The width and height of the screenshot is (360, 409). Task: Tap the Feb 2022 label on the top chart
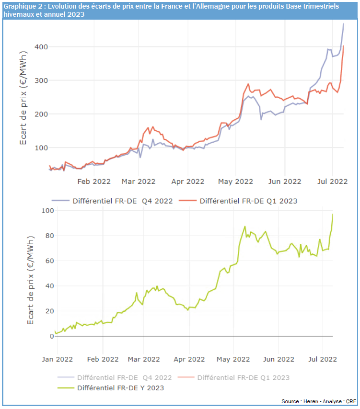(94, 182)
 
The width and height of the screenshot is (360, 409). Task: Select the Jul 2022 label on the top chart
(332, 182)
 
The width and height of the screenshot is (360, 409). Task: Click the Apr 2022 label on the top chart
(188, 182)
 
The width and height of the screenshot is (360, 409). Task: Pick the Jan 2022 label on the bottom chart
(57, 359)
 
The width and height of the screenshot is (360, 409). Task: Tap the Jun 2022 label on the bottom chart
(279, 359)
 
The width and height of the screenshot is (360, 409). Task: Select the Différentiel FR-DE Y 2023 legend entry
(120, 388)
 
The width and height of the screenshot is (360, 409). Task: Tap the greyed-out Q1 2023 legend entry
(243, 377)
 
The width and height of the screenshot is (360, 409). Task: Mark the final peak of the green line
(333, 214)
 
